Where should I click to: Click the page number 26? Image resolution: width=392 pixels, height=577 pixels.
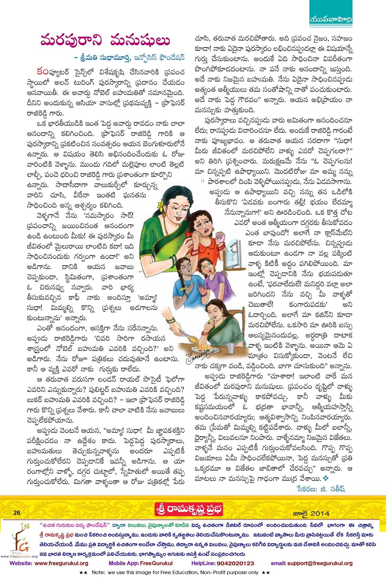(x=17, y=513)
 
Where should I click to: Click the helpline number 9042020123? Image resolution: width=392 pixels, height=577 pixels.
(x=235, y=563)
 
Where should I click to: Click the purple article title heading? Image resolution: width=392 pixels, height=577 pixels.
(x=105, y=40)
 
